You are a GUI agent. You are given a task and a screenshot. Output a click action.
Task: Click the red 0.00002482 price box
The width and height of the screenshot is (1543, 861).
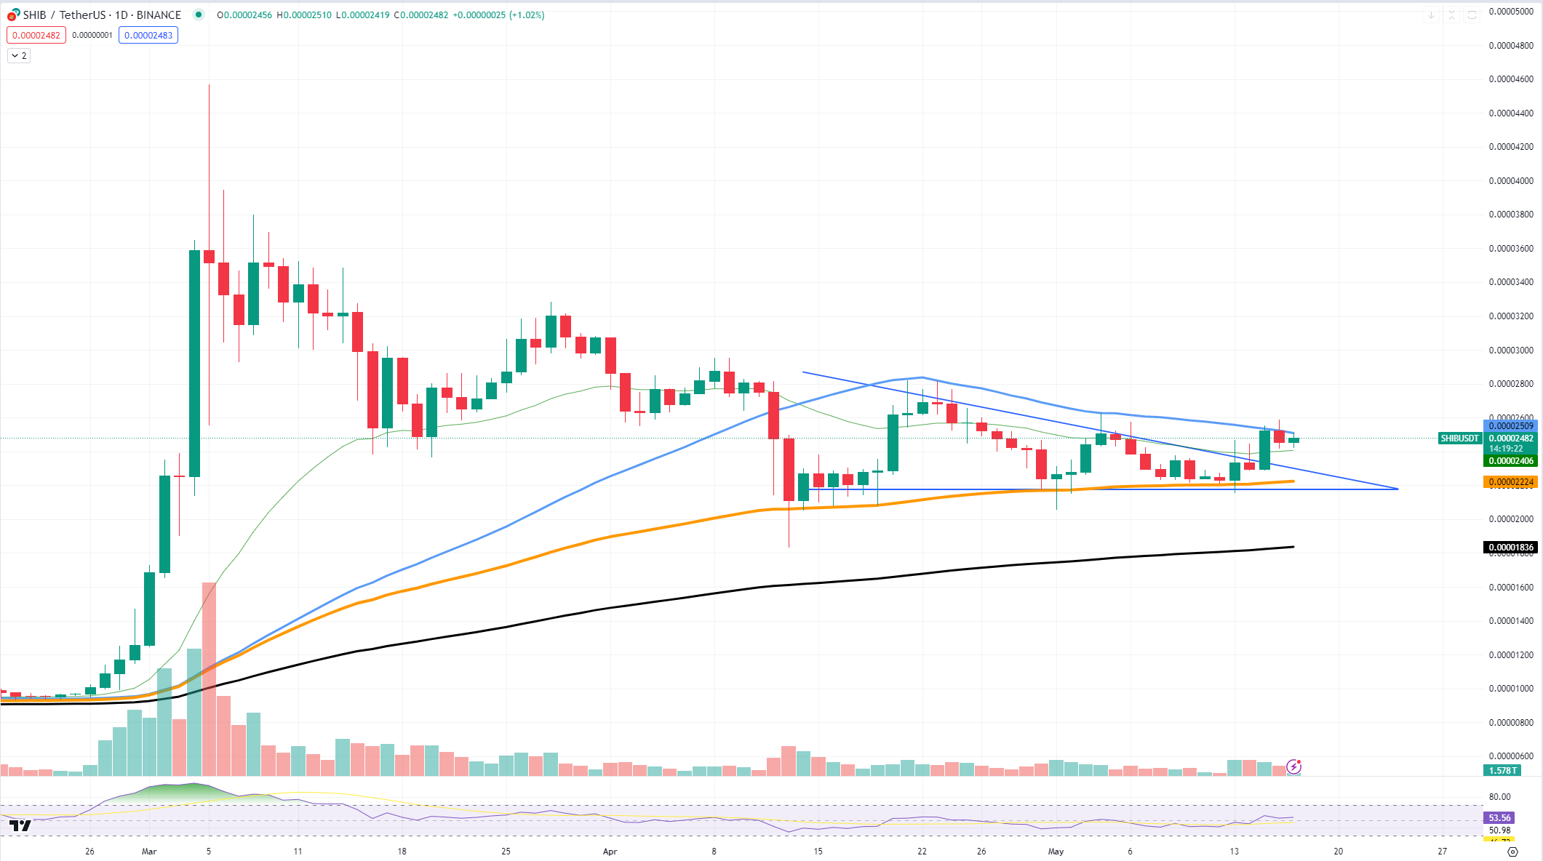(x=36, y=35)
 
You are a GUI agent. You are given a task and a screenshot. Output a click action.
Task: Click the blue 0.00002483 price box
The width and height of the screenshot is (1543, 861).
(x=148, y=35)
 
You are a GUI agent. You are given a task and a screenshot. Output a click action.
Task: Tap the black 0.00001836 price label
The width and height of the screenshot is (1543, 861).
(x=1511, y=548)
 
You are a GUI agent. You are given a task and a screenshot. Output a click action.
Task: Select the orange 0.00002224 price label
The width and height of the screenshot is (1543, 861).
(x=1511, y=482)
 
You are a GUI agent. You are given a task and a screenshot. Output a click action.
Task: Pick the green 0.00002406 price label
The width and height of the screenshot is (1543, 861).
(x=1511, y=461)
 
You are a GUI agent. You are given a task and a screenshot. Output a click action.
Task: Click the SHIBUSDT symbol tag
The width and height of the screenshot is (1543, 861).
(x=1459, y=438)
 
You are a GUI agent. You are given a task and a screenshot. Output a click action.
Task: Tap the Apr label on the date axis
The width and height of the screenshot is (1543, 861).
(x=610, y=851)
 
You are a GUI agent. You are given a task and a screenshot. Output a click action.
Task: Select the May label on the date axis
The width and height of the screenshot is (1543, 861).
(x=1056, y=851)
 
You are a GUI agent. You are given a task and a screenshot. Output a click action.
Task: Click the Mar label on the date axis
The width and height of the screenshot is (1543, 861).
(x=149, y=851)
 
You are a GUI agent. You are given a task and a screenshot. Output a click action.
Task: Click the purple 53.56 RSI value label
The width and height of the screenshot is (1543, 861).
(x=1499, y=818)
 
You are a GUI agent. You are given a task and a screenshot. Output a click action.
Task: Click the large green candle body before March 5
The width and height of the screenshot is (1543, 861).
(x=194, y=364)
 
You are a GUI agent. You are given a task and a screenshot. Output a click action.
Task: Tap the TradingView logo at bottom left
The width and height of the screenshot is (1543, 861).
(x=20, y=825)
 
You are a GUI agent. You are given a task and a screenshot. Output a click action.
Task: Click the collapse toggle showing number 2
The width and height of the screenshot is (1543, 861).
(x=19, y=56)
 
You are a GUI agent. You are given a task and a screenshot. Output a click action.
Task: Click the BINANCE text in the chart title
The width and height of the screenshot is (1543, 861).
(x=159, y=15)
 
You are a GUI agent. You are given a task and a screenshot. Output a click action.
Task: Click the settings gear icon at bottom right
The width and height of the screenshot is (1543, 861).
(x=1512, y=851)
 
